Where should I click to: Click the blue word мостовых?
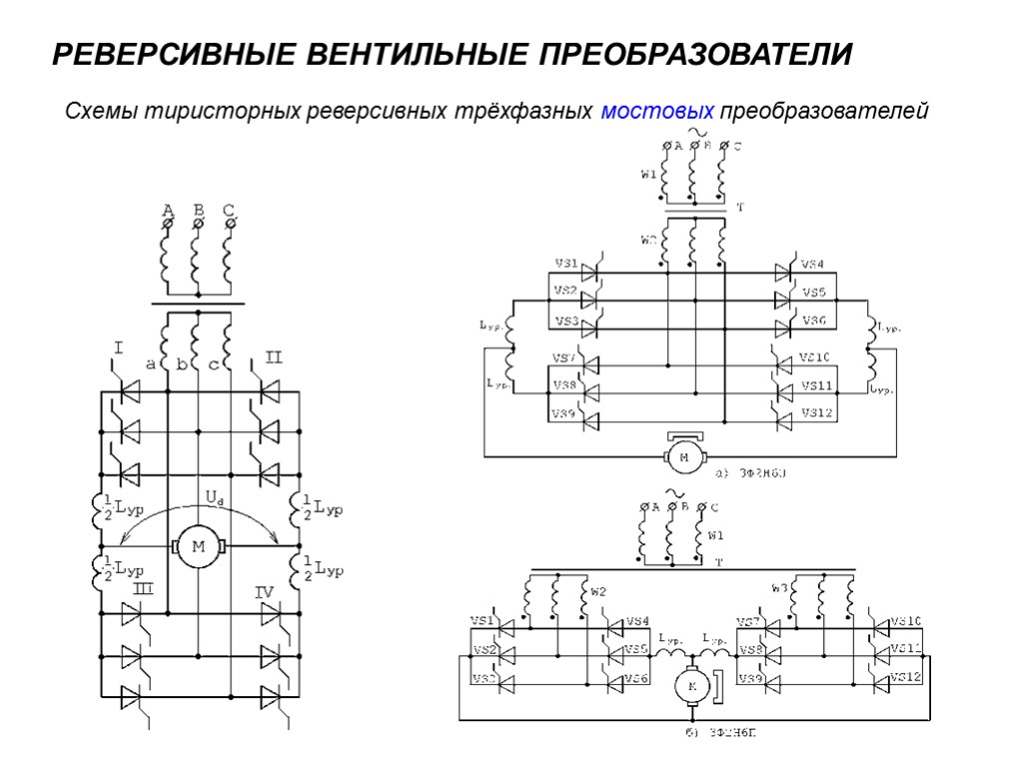(657, 110)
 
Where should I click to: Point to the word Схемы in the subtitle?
(101, 110)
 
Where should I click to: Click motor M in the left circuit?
(198, 546)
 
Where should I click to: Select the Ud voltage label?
(213, 496)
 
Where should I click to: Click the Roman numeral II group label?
(274, 357)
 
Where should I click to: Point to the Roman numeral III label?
(143, 590)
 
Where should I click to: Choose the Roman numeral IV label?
(264, 592)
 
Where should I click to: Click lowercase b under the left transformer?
(182, 366)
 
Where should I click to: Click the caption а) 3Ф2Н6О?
(750, 473)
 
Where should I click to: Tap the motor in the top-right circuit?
(684, 456)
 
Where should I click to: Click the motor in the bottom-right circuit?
(690, 685)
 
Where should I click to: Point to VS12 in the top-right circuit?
(816, 412)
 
